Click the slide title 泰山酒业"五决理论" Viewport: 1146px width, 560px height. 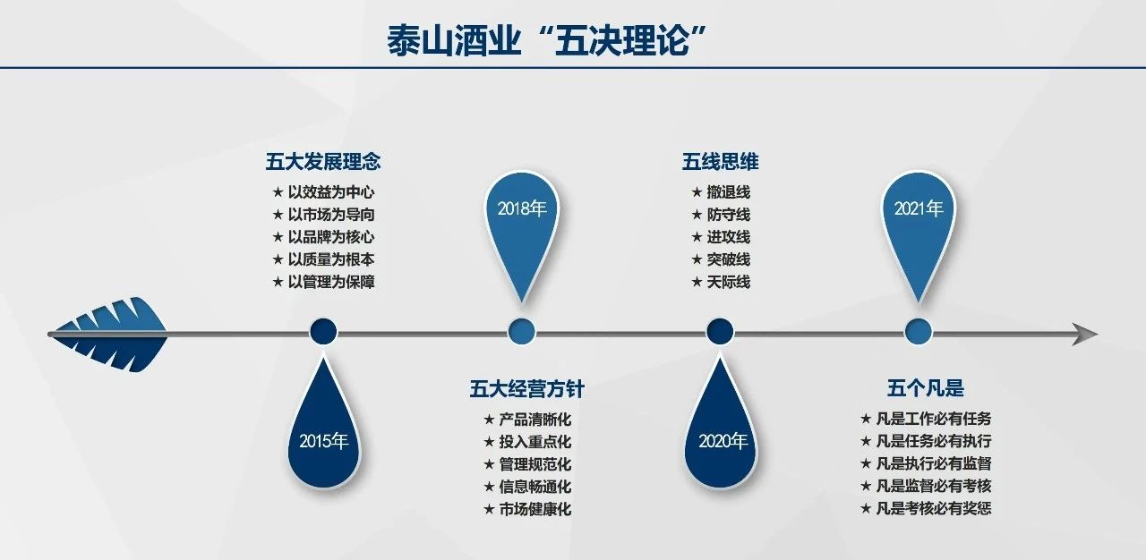[x=547, y=40]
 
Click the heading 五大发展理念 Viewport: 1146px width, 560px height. [x=323, y=161]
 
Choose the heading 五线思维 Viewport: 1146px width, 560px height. [x=721, y=161]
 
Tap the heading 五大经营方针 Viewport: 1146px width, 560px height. [x=527, y=389]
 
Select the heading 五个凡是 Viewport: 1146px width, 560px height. [x=926, y=388]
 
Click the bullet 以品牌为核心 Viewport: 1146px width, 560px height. [x=331, y=237]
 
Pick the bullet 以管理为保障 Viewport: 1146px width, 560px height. [x=331, y=282]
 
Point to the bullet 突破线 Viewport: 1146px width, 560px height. [x=729, y=259]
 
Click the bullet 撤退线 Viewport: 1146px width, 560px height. [x=729, y=192]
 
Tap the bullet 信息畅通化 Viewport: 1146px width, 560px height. [x=535, y=487]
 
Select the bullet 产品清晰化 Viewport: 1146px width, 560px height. [x=535, y=420]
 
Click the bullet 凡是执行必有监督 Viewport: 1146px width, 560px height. [x=934, y=463]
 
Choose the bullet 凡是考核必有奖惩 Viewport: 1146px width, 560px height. [x=934, y=508]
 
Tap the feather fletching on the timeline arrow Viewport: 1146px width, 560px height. [x=109, y=335]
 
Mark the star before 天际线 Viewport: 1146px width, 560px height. [x=697, y=282]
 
